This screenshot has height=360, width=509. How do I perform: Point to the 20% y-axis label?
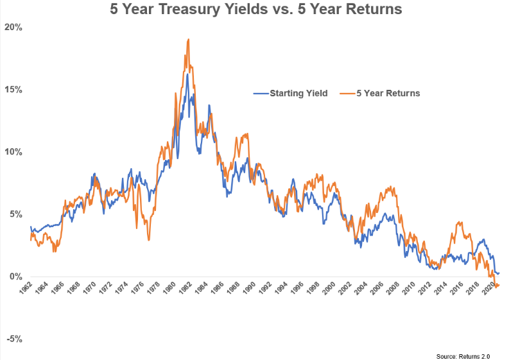13,28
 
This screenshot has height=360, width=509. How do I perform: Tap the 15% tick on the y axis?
13,90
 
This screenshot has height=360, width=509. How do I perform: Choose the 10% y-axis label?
13,152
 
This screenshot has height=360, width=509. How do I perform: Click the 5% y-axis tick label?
15,214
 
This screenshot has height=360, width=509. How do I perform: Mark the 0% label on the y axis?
15,277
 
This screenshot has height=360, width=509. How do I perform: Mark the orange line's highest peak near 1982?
188,40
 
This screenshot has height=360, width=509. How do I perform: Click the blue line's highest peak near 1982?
187,74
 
